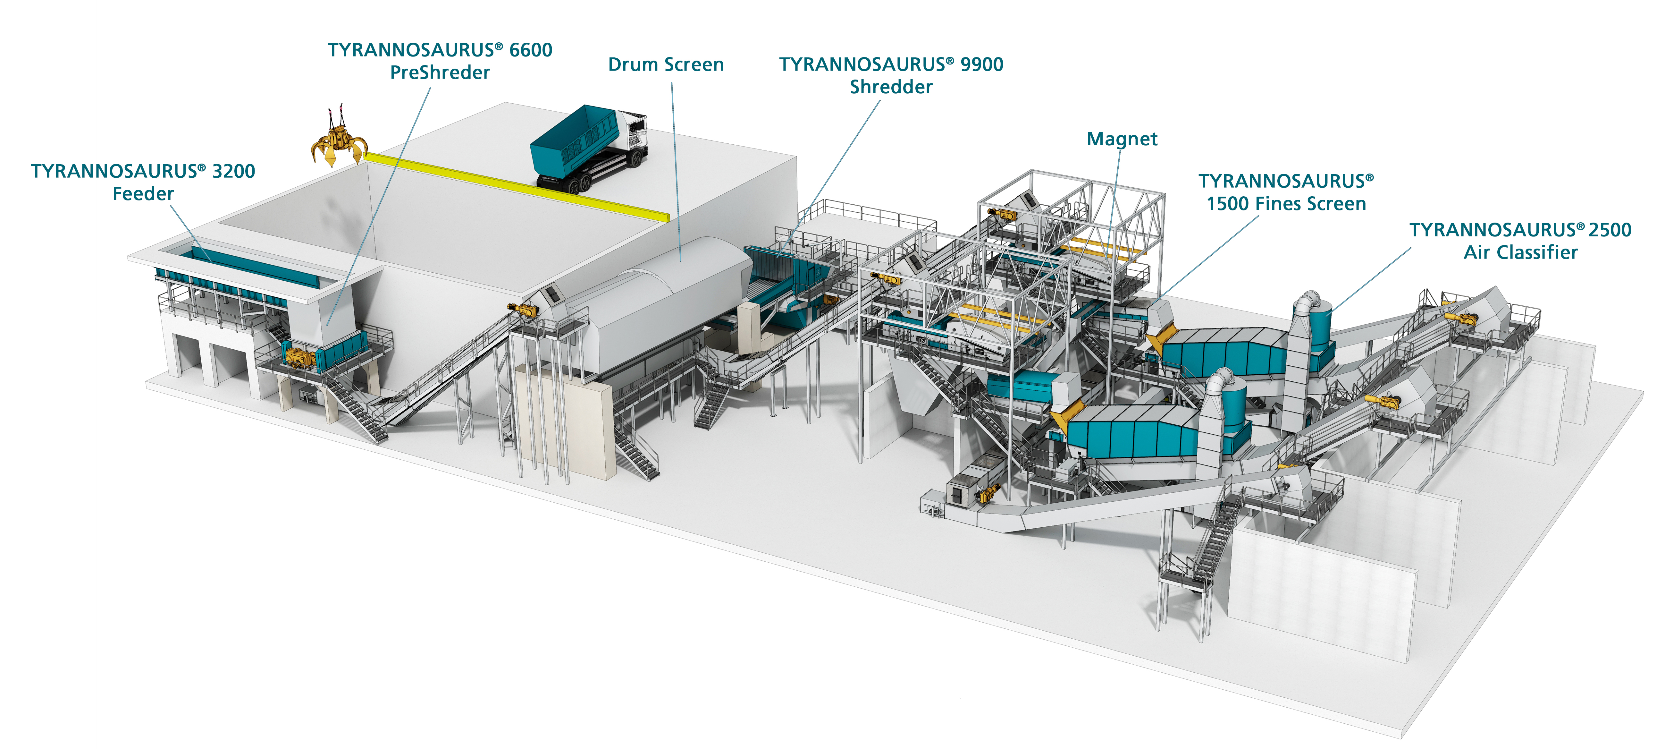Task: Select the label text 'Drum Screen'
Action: [x=666, y=65]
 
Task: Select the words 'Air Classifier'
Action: [x=1520, y=252]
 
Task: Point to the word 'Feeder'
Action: [x=143, y=194]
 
